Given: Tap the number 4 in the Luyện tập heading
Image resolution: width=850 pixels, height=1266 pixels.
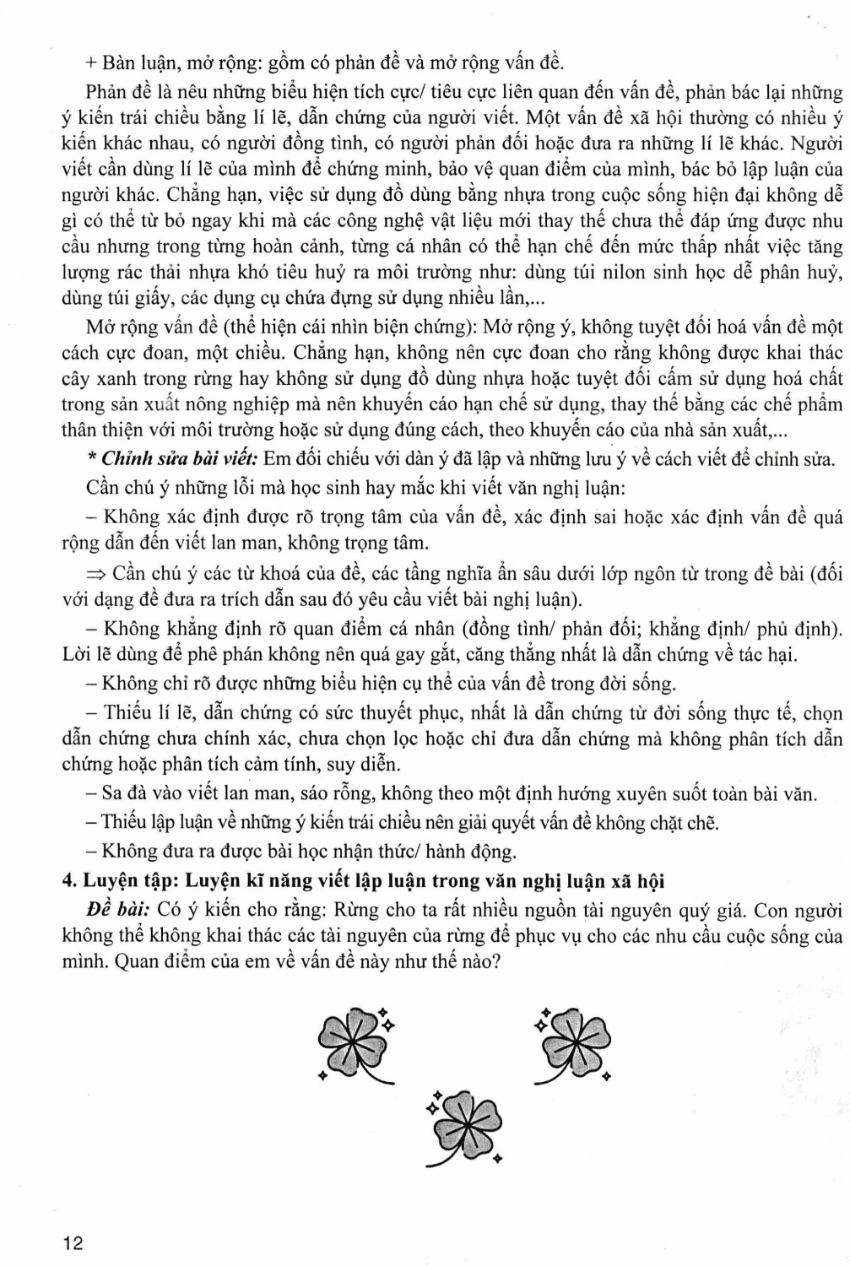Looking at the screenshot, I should point(68,881).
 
